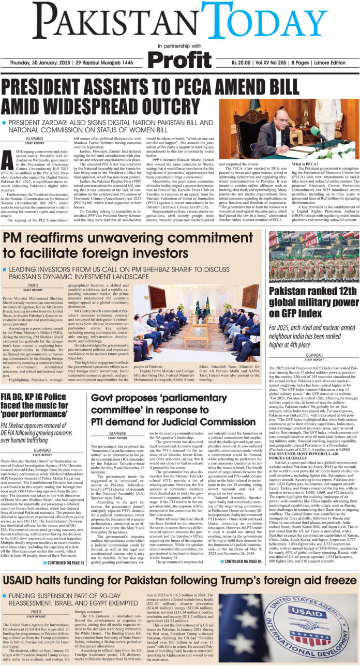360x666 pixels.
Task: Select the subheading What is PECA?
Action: (x=306, y=163)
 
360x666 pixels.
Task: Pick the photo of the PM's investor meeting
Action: (x=194, y=316)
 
